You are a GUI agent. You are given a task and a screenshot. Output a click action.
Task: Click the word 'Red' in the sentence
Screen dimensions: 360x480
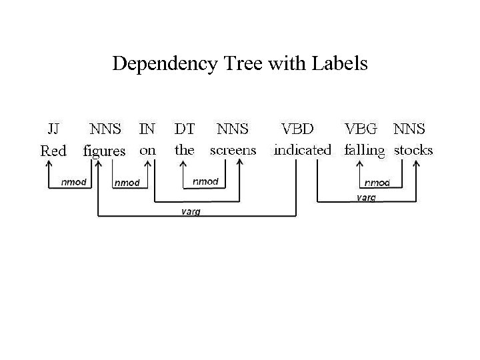tap(53, 151)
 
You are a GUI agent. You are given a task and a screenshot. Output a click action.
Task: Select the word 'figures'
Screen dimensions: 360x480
tap(104, 151)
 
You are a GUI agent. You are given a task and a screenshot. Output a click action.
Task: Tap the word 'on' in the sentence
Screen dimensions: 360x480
tap(147, 150)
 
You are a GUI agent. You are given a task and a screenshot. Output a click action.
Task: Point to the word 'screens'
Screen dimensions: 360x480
tap(233, 150)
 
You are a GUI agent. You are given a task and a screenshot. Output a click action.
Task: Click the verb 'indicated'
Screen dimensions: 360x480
tap(302, 150)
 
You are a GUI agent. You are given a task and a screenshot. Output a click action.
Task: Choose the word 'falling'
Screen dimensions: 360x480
tap(365, 151)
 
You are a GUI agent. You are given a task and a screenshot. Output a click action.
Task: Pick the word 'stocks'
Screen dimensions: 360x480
tap(413, 150)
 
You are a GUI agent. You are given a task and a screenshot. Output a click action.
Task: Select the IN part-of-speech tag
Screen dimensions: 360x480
tap(147, 127)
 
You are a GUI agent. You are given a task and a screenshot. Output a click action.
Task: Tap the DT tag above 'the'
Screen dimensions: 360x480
tap(184, 127)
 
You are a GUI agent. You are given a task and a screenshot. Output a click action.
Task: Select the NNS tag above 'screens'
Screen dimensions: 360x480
tap(233, 127)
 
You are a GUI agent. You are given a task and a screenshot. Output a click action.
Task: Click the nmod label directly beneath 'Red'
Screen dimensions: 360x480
tap(73, 182)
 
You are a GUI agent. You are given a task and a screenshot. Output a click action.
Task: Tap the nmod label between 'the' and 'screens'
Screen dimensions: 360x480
tap(205, 181)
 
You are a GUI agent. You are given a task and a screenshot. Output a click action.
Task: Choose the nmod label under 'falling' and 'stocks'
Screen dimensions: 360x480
tap(377, 182)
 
